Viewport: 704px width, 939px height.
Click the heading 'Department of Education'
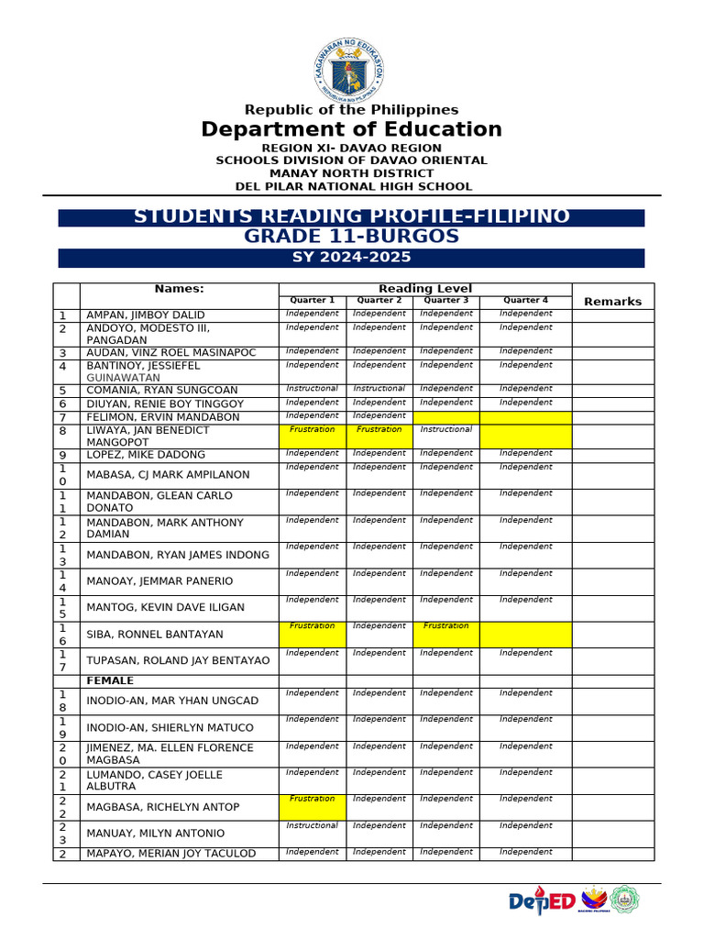tap(351, 129)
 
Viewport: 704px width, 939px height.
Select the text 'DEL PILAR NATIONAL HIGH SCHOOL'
tap(354, 186)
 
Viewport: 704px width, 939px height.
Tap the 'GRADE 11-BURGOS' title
tap(351, 237)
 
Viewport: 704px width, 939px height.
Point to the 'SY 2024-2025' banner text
tap(351, 258)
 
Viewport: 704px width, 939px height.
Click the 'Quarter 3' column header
tap(446, 300)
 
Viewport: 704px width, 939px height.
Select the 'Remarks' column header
tap(612, 301)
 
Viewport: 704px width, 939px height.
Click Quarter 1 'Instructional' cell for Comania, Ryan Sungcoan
tap(312, 389)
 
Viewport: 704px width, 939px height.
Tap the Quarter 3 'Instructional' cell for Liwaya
tap(446, 429)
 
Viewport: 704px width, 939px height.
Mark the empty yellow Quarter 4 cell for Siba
tap(525, 635)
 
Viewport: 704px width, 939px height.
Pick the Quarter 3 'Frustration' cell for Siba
tap(446, 626)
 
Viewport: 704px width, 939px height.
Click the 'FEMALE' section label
tap(110, 680)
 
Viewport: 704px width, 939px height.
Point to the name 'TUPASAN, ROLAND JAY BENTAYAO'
tap(178, 660)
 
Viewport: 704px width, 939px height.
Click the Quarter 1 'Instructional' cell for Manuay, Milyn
tap(312, 825)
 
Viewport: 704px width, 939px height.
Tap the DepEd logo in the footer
tap(542, 901)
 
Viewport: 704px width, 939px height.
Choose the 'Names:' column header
tap(179, 289)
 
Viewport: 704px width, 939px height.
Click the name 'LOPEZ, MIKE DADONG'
tap(145, 455)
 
